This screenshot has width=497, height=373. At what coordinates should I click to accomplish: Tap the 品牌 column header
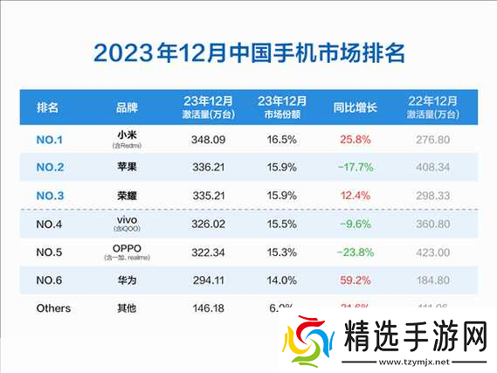click(127, 108)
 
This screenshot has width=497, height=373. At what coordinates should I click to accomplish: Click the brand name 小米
click(127, 135)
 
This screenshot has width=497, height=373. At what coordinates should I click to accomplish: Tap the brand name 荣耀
click(127, 197)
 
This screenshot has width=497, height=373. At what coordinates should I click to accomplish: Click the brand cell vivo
click(127, 223)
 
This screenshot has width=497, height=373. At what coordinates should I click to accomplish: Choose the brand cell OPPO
click(127, 251)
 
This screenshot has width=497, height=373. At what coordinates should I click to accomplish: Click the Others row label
click(54, 308)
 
